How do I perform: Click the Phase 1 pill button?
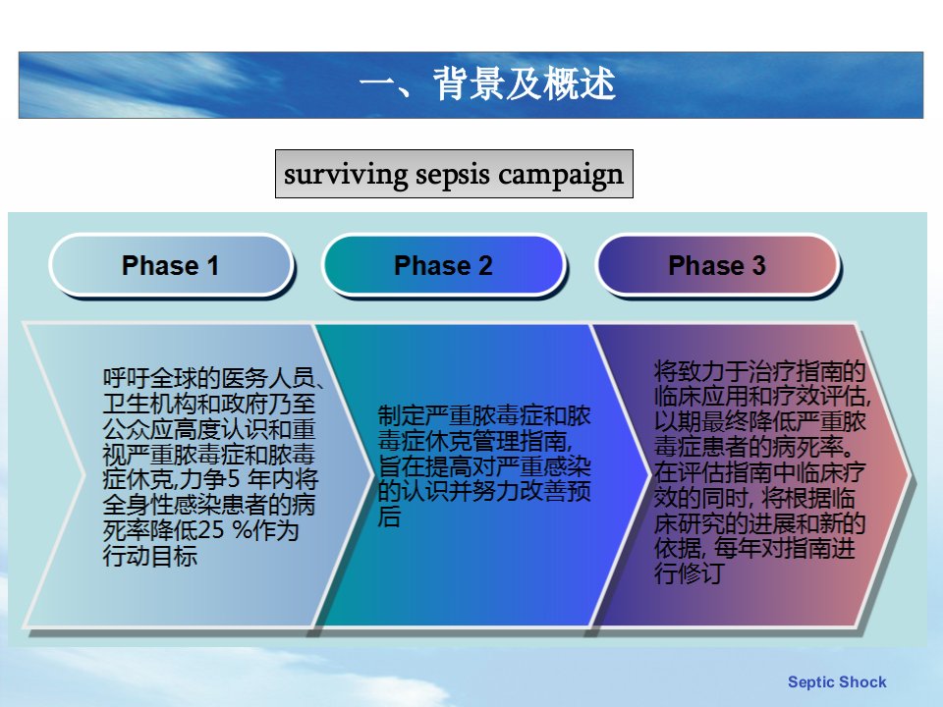click(x=171, y=265)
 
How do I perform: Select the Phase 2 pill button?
click(x=444, y=265)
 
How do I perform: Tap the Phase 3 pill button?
click(x=717, y=265)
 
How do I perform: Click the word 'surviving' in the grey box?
click(x=346, y=175)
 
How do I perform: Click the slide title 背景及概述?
click(x=524, y=83)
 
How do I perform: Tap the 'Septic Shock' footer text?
click(x=837, y=681)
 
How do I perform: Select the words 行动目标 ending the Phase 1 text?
click(x=149, y=556)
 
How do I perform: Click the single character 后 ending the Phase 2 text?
click(x=389, y=517)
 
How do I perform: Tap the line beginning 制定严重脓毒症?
click(x=484, y=415)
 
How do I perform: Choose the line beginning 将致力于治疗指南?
click(x=759, y=371)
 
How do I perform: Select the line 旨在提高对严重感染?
click(x=484, y=465)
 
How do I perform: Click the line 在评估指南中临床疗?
click(x=759, y=472)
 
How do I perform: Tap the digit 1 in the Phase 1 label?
click(x=212, y=266)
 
